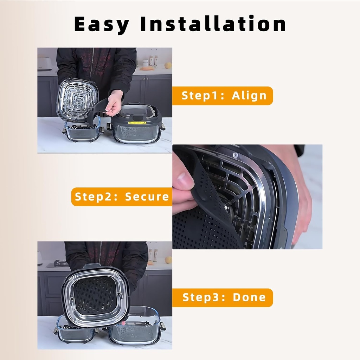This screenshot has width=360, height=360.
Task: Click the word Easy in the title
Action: point(102,24)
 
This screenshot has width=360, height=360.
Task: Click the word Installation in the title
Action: point(213,24)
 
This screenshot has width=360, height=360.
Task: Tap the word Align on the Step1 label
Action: point(249,96)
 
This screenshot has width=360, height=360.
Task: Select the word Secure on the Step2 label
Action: point(147,197)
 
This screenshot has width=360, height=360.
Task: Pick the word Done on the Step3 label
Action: point(249,297)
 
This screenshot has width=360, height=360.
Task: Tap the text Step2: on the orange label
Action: point(96,197)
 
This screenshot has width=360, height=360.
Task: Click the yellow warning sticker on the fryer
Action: point(137,123)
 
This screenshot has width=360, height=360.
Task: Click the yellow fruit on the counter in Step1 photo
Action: point(168,65)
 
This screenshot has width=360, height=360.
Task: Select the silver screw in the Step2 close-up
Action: point(235,155)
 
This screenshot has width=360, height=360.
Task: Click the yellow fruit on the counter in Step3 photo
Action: point(168,260)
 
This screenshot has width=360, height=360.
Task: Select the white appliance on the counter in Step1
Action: point(45,64)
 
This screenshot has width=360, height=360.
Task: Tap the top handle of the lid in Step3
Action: point(92,266)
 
